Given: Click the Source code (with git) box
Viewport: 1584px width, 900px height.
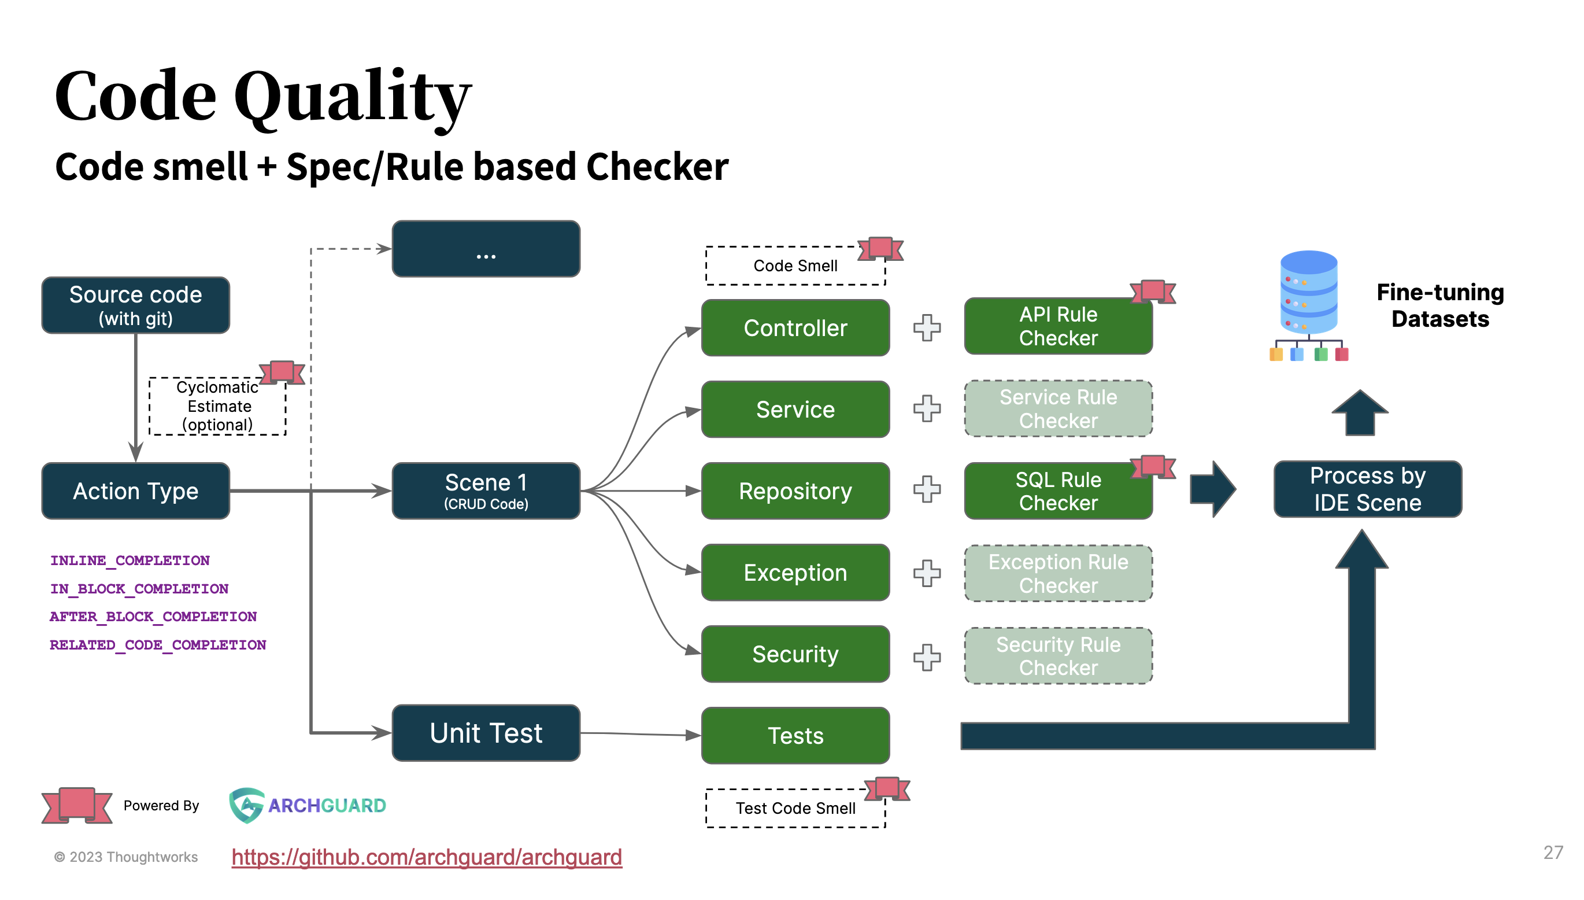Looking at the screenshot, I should click(135, 305).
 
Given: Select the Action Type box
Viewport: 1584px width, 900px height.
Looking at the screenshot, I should click(135, 492).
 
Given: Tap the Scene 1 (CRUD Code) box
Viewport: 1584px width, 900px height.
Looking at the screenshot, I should click(486, 491).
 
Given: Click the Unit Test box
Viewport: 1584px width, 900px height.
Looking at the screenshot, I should click(486, 733).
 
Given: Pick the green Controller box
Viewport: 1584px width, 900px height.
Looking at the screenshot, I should click(795, 328).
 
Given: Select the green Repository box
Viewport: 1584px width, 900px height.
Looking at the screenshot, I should click(795, 492).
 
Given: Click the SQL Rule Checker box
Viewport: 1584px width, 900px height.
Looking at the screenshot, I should click(1058, 492).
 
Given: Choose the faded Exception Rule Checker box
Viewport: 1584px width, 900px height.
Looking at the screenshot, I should click(1058, 574).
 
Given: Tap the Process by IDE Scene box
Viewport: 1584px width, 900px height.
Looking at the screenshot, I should click(1367, 489).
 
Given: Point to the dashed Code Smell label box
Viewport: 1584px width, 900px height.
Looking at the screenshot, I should click(795, 266).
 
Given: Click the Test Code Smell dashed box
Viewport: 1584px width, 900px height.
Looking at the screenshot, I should click(795, 809).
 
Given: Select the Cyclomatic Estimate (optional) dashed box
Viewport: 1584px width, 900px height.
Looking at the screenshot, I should click(217, 406).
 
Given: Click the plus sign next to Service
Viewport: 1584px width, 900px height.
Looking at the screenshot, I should click(927, 409).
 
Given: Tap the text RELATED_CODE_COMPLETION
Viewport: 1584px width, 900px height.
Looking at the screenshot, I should click(158, 645).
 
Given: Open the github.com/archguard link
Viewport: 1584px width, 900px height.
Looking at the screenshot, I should click(426, 857).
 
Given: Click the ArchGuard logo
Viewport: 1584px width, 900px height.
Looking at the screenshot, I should click(307, 805).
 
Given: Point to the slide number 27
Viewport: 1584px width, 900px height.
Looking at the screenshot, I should click(1552, 853).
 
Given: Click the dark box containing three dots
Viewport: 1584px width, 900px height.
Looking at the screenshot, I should click(486, 249).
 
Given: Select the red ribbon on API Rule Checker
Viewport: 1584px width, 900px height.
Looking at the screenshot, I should click(1152, 291).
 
